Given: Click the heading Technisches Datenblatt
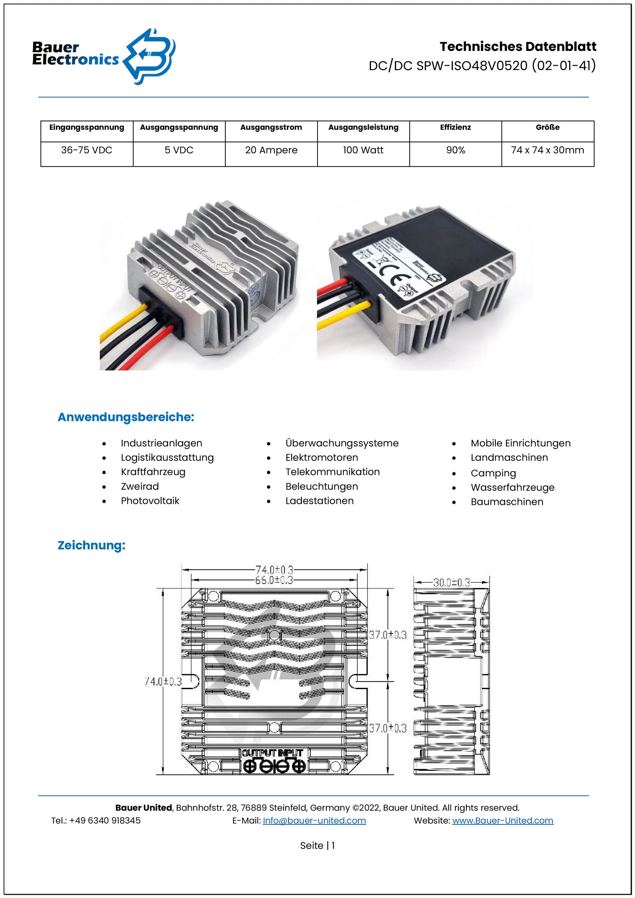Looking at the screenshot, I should tap(518, 47).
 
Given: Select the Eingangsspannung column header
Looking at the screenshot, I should tap(87, 128).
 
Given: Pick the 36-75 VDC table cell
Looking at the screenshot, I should tap(87, 150).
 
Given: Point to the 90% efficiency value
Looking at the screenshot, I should tap(456, 150).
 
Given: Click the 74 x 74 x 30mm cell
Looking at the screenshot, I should tap(548, 150).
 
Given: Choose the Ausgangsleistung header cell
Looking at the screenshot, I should tap(363, 128).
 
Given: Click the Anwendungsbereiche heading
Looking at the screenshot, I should tap(126, 417).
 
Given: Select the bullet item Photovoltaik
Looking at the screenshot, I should tap(150, 501).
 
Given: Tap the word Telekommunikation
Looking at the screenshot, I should tap(333, 472).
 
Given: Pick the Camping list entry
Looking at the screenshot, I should tap(493, 473).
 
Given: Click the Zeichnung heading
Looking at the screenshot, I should tap(91, 545).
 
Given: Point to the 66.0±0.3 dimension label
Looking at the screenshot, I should tap(274, 580).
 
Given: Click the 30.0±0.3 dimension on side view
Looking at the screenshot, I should tap(452, 583).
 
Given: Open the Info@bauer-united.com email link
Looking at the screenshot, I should tap(314, 821).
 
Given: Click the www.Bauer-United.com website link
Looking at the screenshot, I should tap(503, 821).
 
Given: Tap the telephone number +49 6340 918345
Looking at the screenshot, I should tap(105, 821).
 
